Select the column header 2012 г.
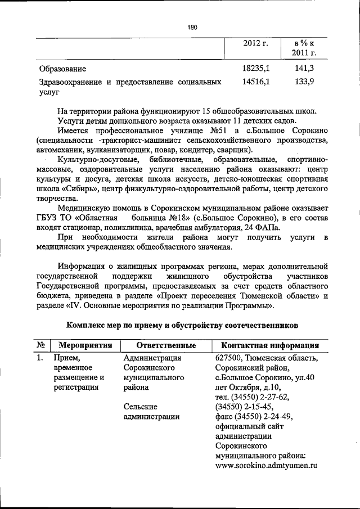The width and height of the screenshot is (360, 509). coord(255,43)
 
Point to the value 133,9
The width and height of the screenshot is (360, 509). coord(304,82)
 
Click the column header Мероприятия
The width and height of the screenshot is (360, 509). coord(83,345)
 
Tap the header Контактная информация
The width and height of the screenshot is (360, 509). coord(271,345)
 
